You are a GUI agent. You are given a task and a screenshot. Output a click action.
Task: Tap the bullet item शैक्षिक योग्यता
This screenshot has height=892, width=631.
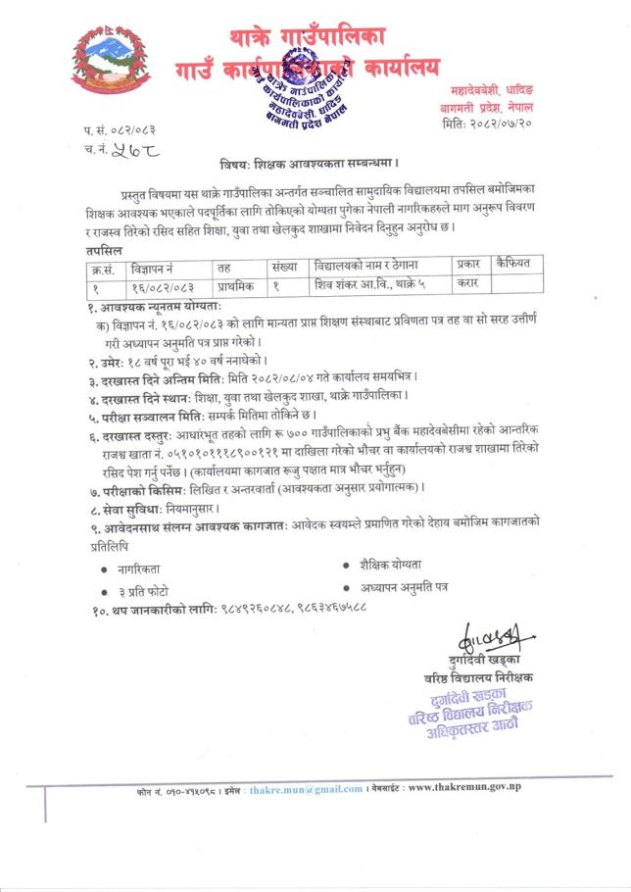pyautogui.click(x=391, y=564)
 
